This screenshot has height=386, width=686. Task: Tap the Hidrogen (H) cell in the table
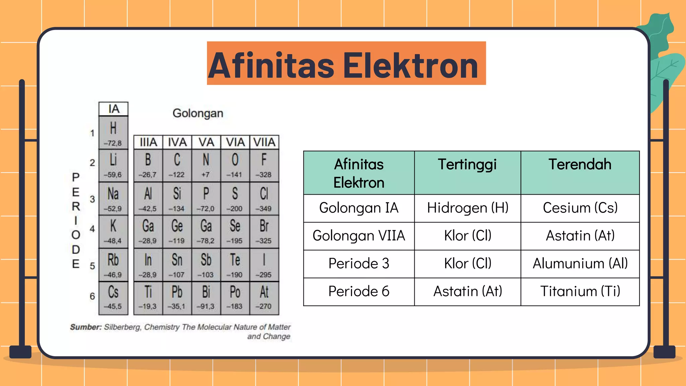pos(468,208)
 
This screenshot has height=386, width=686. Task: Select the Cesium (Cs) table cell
pos(580,208)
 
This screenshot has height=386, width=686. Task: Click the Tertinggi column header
pos(467,165)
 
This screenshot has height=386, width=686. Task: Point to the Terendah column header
pos(580,165)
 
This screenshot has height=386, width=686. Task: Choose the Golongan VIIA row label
pos(359,236)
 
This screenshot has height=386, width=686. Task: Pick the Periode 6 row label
pos(359,291)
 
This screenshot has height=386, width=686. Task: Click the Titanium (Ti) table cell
pos(580,291)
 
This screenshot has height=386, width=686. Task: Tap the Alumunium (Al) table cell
pos(580,263)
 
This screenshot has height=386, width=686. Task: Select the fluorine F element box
pos(264,165)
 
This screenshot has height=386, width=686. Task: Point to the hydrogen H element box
pos(113,132)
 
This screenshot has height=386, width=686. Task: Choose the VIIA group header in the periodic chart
pos(264,142)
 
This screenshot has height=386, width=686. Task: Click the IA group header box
pos(114,109)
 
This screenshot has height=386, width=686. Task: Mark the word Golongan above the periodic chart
pos(198,113)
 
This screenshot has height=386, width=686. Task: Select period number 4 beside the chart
pos(92,229)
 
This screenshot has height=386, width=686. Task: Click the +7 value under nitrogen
pos(206,175)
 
